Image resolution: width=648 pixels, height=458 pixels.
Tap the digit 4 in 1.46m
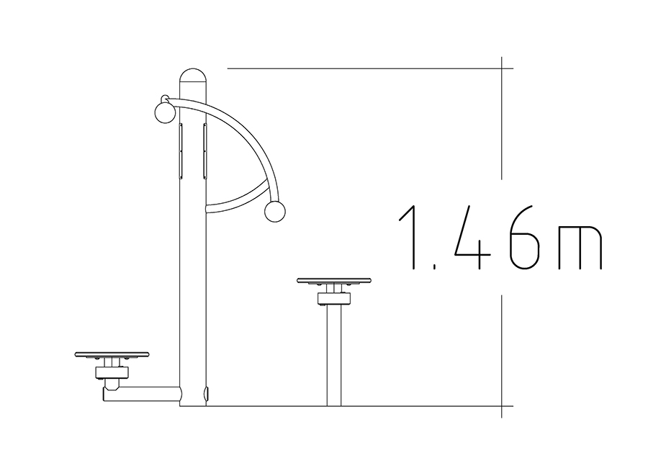(474, 237)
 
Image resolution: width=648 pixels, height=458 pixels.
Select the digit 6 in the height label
(525, 237)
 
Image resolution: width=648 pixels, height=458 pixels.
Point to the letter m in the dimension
(580, 247)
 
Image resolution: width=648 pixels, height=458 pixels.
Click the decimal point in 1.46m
(436, 267)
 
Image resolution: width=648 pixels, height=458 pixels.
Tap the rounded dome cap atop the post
(192, 76)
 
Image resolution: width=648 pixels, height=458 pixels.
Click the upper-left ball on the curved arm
(165, 112)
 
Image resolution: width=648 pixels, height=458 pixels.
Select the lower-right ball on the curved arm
(274, 212)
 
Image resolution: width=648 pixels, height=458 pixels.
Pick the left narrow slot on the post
(181, 151)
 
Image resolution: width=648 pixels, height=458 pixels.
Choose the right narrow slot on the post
(204, 151)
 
